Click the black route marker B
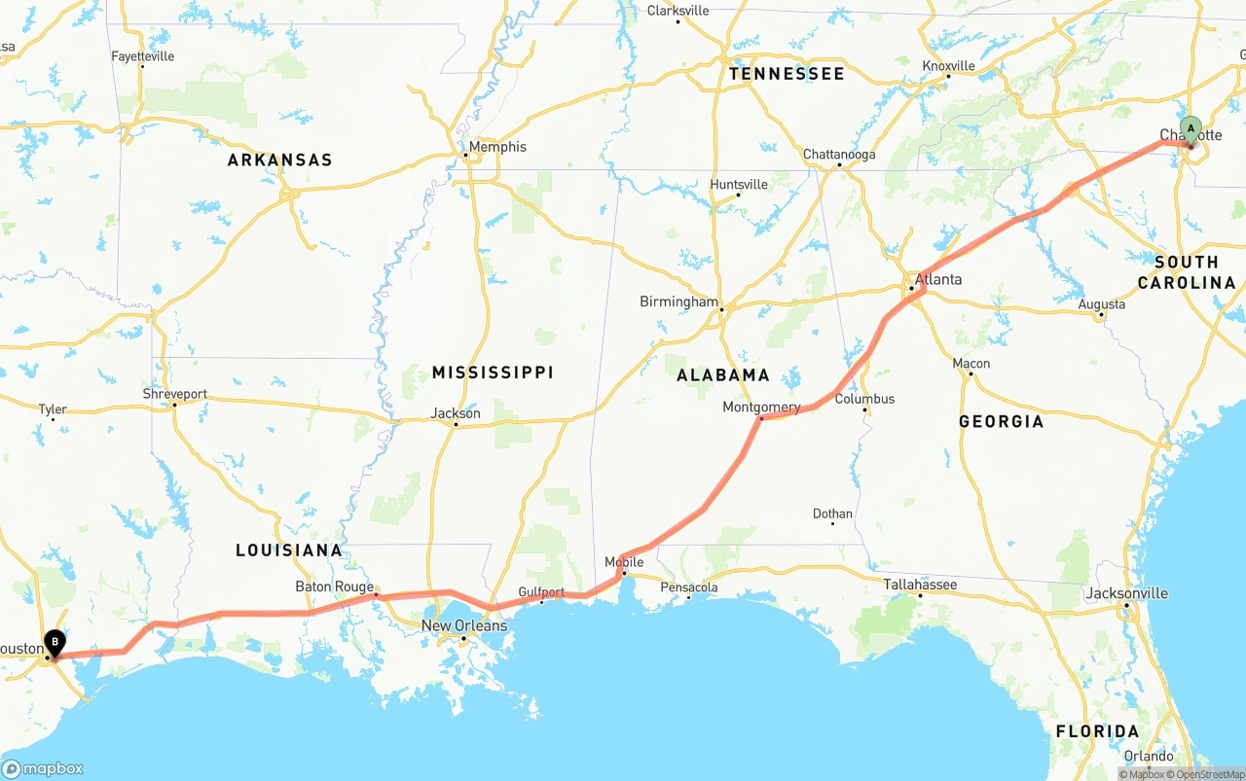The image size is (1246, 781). pyautogui.click(x=55, y=642)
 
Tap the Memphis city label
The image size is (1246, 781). pyautogui.click(x=497, y=147)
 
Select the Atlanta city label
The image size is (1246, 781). pyautogui.click(x=938, y=279)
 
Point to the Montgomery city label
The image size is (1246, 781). pyautogui.click(x=761, y=407)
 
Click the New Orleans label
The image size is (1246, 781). pyautogui.click(x=464, y=625)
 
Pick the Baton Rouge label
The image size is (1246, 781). pyautogui.click(x=334, y=586)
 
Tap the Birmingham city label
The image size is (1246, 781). pyautogui.click(x=678, y=302)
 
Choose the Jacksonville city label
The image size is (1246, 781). pyautogui.click(x=1127, y=593)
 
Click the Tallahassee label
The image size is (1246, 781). pyautogui.click(x=920, y=585)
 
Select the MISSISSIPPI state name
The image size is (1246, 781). pyautogui.click(x=493, y=373)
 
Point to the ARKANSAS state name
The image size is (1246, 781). pyautogui.click(x=279, y=160)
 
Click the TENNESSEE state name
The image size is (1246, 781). pyautogui.click(x=787, y=74)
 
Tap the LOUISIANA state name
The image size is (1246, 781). pyautogui.click(x=289, y=550)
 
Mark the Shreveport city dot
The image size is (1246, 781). pyautogui.click(x=174, y=405)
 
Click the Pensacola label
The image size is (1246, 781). pyautogui.click(x=688, y=587)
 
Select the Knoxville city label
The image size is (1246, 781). pyautogui.click(x=948, y=66)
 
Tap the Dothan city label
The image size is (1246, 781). pyautogui.click(x=832, y=514)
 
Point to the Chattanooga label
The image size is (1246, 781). pyautogui.click(x=839, y=155)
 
